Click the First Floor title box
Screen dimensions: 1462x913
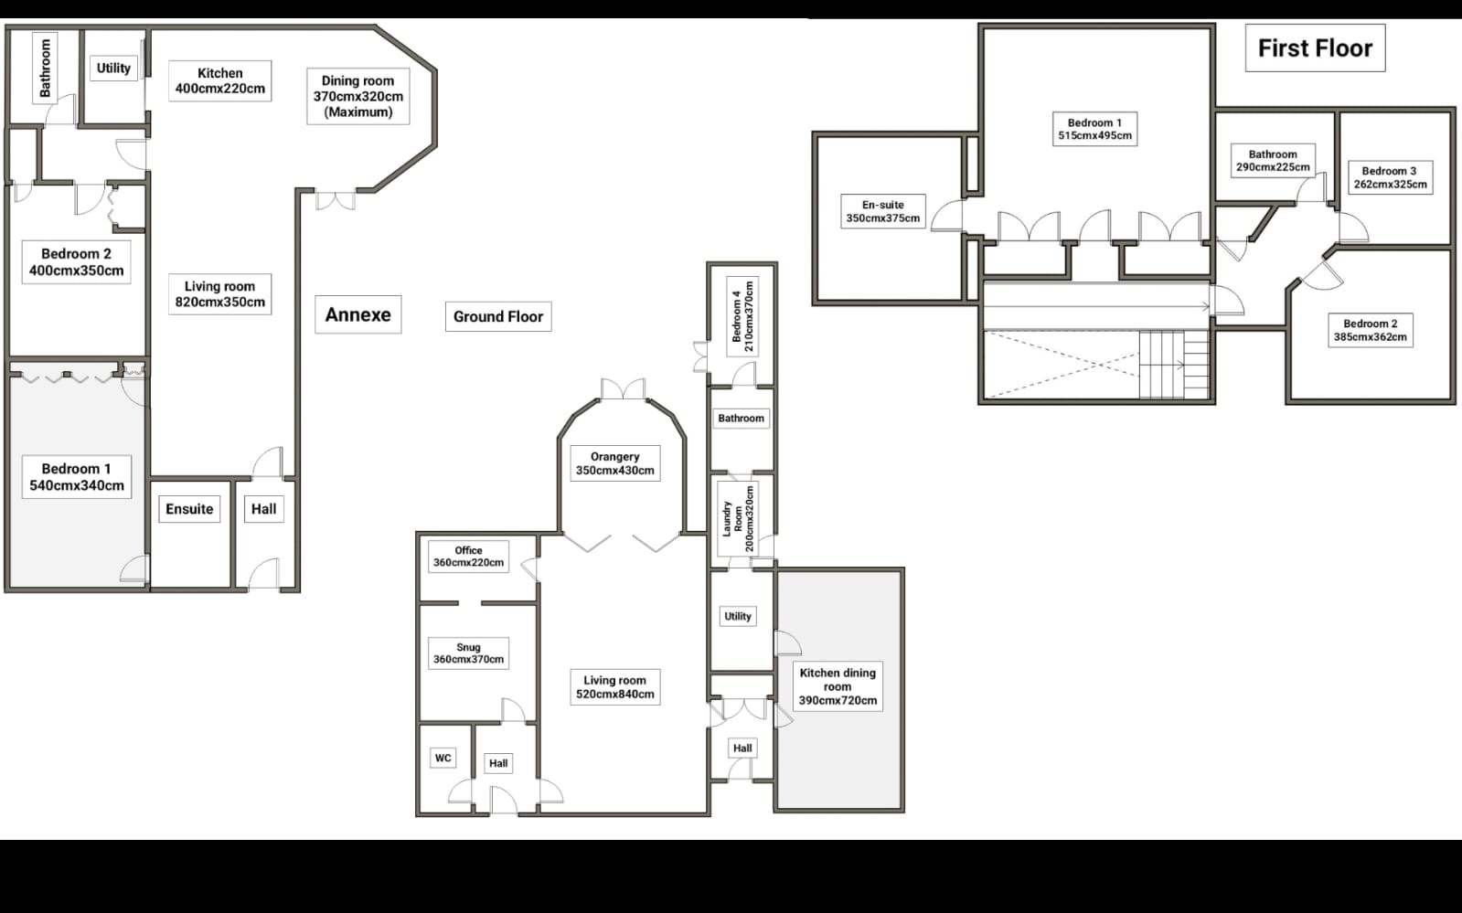[1315, 48]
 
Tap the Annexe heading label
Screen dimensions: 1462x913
[357, 314]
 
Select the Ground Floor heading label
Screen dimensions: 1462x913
[498, 316]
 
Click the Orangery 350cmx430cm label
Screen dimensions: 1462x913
[614, 463]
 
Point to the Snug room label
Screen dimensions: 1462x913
[469, 653]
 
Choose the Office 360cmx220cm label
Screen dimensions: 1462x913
[469, 557]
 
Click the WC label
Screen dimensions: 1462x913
[443, 758]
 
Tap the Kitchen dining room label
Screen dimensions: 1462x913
[838, 686]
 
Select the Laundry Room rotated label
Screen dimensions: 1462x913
[738, 519]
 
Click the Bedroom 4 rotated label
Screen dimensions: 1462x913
[742, 316]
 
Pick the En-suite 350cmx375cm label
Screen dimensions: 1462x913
[883, 211]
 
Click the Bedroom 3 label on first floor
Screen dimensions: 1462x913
[1390, 177]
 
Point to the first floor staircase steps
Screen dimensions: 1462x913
[1173, 364]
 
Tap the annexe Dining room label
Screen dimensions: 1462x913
[358, 96]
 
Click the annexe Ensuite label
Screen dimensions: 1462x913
[189, 509]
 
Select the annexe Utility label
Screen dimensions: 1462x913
[113, 68]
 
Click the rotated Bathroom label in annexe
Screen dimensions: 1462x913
[45, 68]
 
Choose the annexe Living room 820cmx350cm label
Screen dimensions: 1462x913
[220, 294]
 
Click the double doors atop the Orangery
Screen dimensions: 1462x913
[623, 388]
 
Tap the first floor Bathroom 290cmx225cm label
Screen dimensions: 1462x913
[1273, 161]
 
